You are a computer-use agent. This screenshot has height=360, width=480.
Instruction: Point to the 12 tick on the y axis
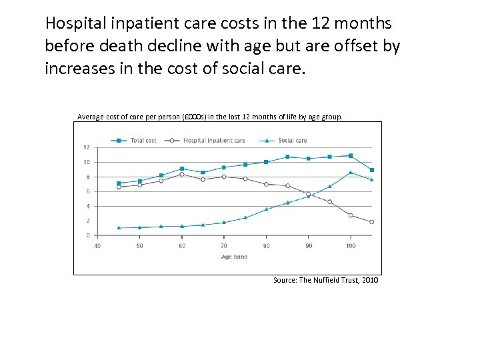(x=86, y=147)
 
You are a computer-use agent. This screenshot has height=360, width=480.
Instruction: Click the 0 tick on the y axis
(x=88, y=235)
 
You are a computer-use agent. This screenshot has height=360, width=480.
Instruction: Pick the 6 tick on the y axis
(x=88, y=191)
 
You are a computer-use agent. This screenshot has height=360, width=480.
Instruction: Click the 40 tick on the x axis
(x=97, y=247)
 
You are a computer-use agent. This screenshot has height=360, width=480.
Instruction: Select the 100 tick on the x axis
(x=351, y=247)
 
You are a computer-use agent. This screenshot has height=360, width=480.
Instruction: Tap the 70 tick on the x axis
(x=224, y=247)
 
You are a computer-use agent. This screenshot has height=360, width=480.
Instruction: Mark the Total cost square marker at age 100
(x=351, y=155)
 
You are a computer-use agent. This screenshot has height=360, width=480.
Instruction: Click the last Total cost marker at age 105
(x=372, y=170)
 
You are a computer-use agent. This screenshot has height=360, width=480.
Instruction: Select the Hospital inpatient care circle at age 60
(x=182, y=174)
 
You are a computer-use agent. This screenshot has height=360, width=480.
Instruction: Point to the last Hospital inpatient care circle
(x=372, y=222)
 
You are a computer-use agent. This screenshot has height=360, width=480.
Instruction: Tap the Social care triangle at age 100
(x=351, y=172)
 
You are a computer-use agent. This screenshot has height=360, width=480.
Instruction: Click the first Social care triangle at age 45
(x=119, y=227)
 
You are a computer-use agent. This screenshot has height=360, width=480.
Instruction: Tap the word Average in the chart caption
(x=91, y=117)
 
